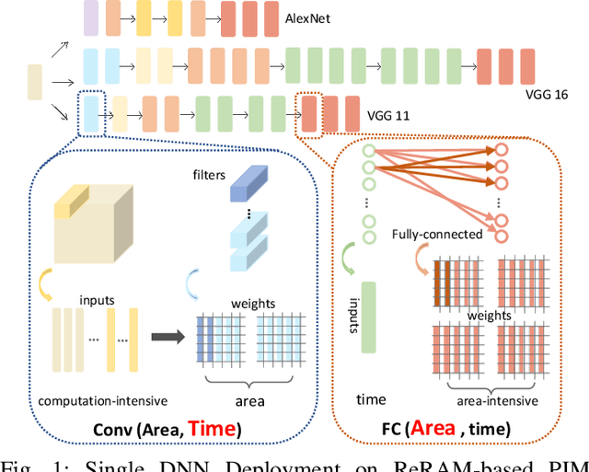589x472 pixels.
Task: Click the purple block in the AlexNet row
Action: click(90, 17)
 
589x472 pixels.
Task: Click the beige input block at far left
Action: click(35, 81)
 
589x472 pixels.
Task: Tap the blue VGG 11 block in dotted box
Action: click(90, 115)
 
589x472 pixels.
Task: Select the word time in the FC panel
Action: click(372, 400)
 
